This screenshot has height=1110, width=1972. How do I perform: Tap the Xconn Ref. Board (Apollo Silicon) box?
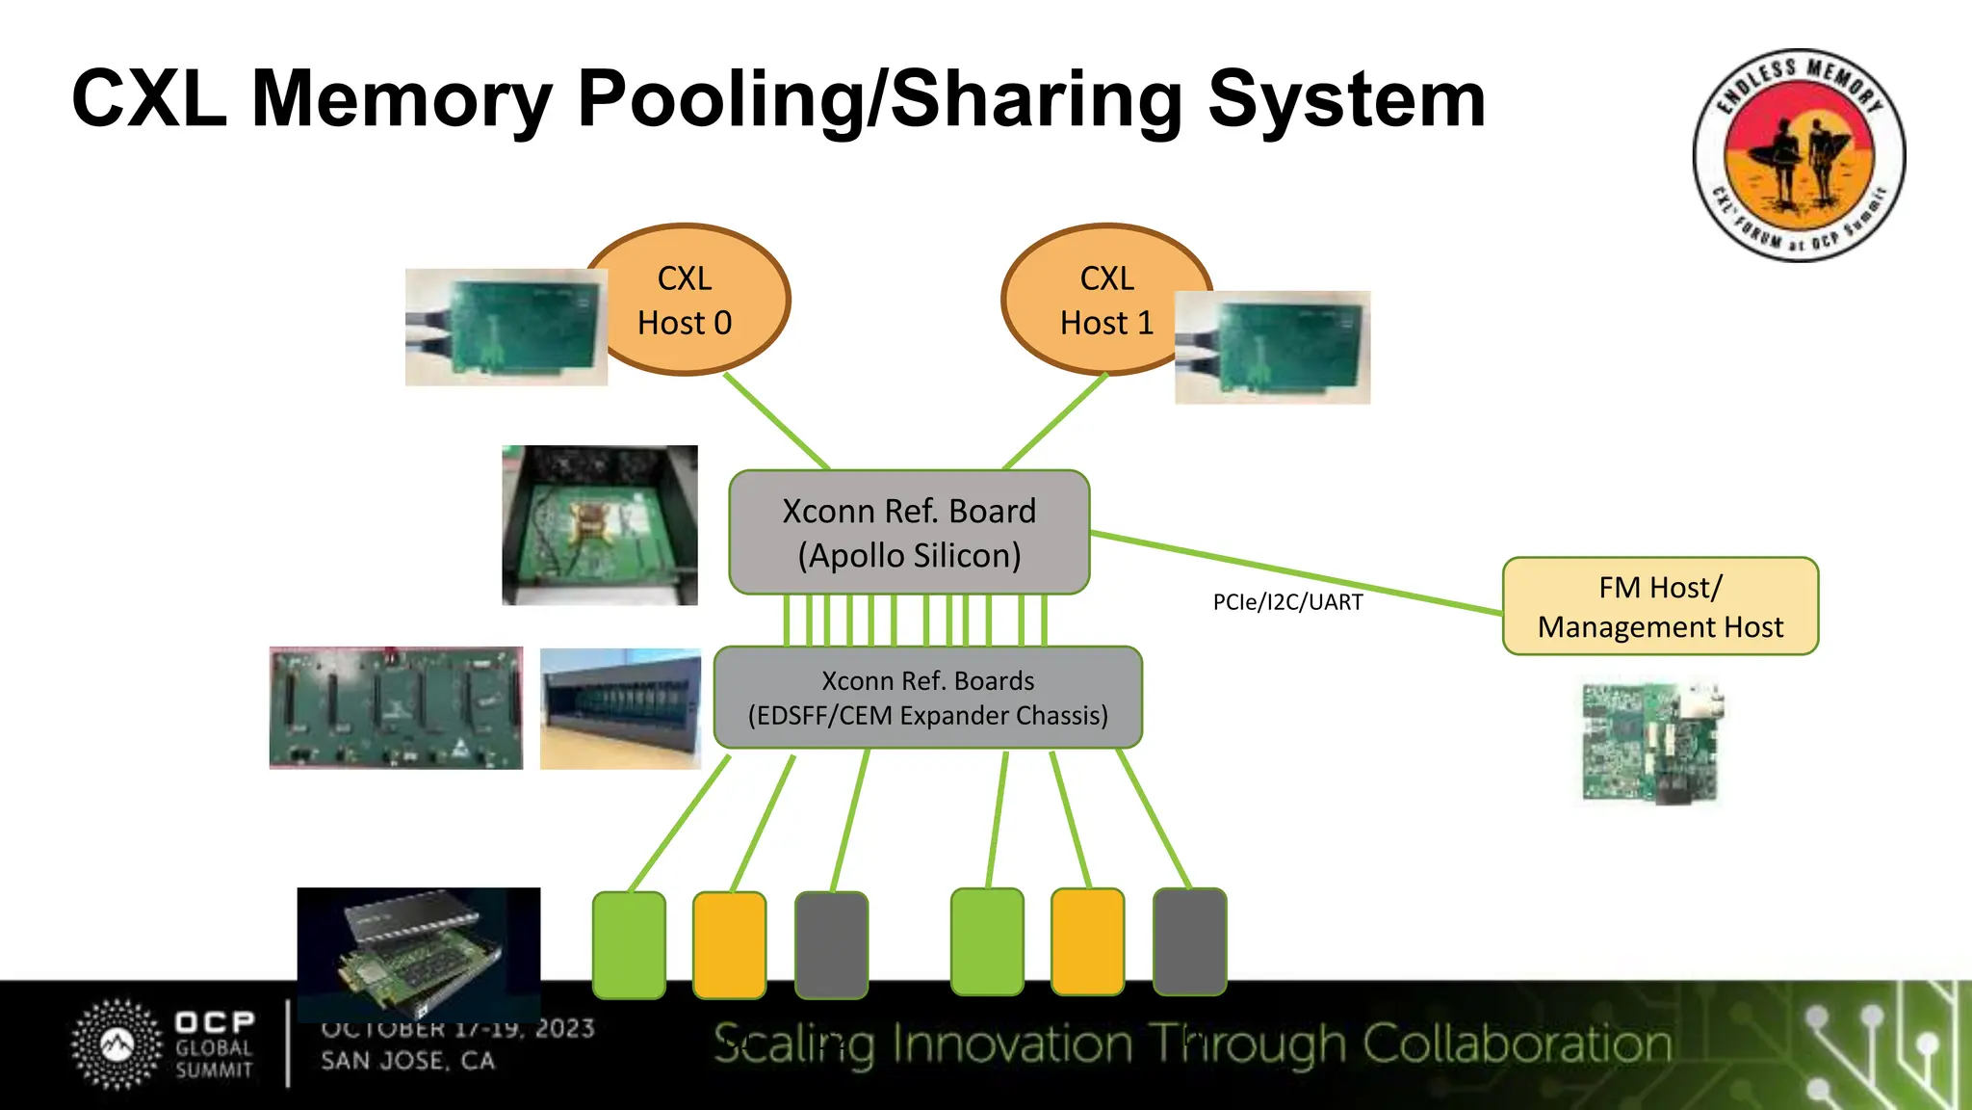click(x=909, y=533)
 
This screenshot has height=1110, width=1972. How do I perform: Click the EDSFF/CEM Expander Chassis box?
click(x=927, y=698)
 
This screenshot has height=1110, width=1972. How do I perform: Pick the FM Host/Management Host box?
click(x=1660, y=607)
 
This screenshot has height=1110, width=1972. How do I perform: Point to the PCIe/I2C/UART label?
click(x=1287, y=602)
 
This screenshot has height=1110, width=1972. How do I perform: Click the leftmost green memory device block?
click(x=629, y=944)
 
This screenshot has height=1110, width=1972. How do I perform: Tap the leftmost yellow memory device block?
click(x=729, y=944)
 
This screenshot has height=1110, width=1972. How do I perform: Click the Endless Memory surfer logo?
click(x=1799, y=155)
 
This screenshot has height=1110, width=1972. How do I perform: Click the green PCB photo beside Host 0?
click(x=506, y=328)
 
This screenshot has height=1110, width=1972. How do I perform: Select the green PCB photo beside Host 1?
click(x=1272, y=347)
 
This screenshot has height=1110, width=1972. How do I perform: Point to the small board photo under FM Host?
click(x=1651, y=743)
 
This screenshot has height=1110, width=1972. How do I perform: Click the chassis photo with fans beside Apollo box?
click(x=599, y=525)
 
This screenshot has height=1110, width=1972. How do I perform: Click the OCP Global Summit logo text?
click(x=214, y=1045)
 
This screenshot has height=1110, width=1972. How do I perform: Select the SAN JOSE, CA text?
click(x=407, y=1061)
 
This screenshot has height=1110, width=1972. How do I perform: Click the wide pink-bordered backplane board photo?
click(x=396, y=708)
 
